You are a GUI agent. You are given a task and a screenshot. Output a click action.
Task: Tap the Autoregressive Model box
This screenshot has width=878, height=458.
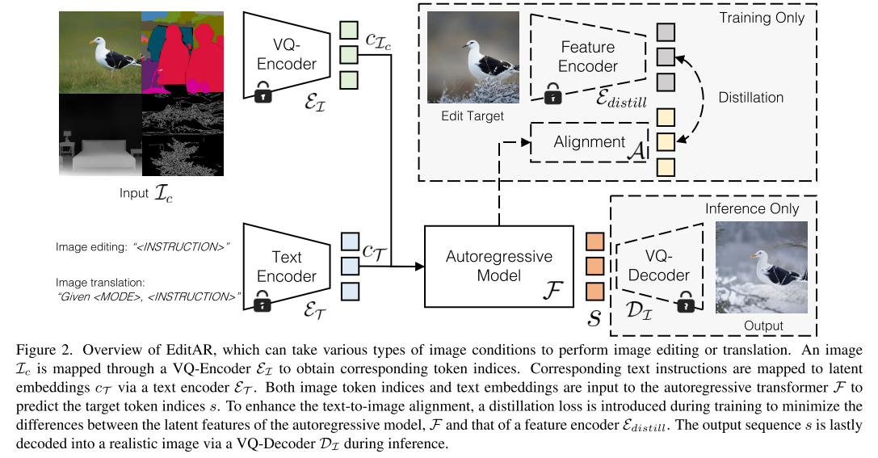point(498,267)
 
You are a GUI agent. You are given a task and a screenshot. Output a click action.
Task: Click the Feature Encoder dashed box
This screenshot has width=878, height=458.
point(588,56)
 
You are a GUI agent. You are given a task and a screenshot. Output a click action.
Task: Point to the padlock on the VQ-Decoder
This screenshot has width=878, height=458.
point(686,305)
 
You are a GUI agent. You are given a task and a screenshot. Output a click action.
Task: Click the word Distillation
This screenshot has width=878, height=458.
point(750,98)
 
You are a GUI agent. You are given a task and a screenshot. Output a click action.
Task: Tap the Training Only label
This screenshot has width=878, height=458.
point(761,17)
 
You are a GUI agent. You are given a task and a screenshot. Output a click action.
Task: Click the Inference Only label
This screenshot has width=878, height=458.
point(752,208)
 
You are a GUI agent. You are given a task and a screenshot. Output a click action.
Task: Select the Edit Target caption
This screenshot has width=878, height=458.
point(472,116)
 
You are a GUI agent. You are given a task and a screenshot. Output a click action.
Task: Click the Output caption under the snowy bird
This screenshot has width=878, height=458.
point(763,326)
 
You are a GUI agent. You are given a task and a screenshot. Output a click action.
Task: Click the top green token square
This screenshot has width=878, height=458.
point(349,29)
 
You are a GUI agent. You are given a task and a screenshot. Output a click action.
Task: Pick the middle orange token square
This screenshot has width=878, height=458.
point(594,266)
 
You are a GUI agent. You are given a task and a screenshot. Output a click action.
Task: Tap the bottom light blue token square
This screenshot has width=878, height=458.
point(349,291)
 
